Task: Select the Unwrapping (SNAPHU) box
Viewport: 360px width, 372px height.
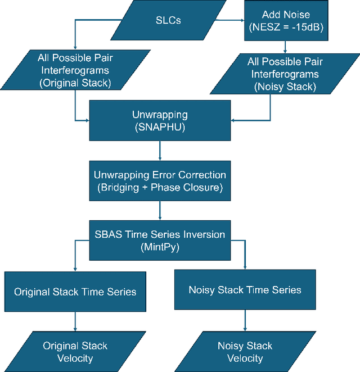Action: point(160,120)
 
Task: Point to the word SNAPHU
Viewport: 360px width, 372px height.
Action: point(160,127)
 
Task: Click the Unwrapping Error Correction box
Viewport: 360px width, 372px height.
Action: point(160,180)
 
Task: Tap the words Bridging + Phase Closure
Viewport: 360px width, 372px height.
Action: point(160,187)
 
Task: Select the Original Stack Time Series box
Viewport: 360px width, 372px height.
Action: point(75,291)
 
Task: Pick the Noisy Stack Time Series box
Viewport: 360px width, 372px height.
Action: point(245,290)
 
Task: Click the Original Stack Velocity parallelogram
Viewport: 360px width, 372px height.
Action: point(75,351)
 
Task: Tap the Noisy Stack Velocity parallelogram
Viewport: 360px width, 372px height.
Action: point(245,351)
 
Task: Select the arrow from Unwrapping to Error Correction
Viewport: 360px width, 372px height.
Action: point(160,150)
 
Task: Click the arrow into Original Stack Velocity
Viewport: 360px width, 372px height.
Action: point(75,321)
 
